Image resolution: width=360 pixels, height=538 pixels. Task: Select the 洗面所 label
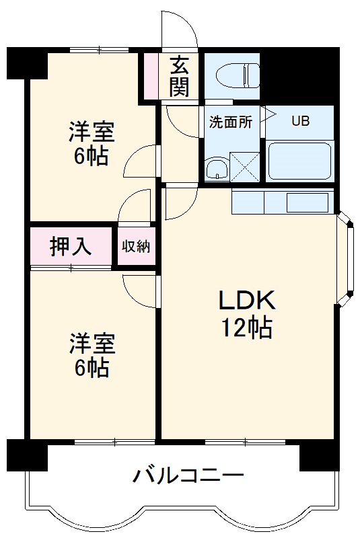coord(230,122)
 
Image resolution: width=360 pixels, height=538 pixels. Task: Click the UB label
coord(300,122)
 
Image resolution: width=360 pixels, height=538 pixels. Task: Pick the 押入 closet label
coord(70,246)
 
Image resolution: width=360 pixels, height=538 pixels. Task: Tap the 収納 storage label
coord(135,246)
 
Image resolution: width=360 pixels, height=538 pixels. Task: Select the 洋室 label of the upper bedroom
coord(92,131)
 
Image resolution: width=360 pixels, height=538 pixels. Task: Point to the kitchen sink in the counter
coord(307,201)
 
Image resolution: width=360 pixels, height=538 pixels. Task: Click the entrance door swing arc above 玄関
coord(179,30)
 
